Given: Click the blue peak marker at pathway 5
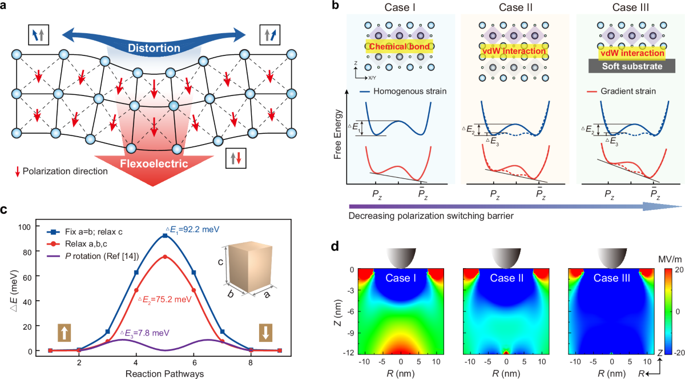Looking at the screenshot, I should click(x=165, y=236).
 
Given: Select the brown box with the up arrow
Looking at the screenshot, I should click(x=63, y=332).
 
